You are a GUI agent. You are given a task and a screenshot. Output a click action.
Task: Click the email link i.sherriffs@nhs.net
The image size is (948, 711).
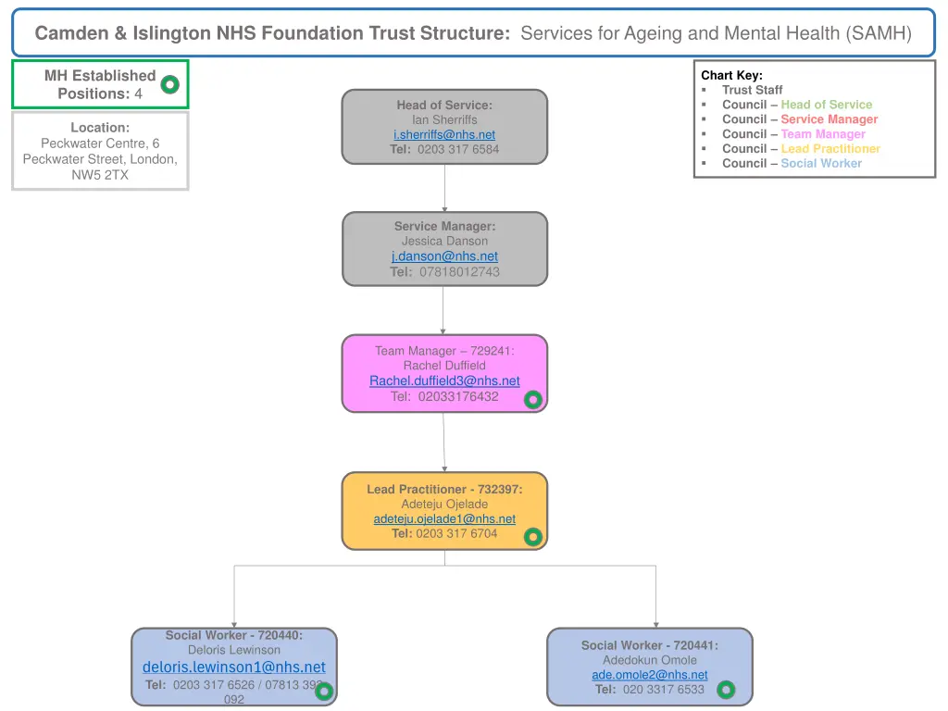point(444,134)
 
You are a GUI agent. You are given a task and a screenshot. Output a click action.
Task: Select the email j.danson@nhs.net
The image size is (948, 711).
point(444,256)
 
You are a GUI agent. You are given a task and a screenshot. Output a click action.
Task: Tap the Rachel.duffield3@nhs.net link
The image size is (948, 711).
point(444,380)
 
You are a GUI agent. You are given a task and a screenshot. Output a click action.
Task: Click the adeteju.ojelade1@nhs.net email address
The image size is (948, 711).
point(444,519)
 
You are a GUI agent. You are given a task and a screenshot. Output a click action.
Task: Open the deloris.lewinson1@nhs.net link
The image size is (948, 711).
point(234,667)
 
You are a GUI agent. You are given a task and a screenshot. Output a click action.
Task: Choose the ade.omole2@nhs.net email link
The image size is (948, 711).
point(650,675)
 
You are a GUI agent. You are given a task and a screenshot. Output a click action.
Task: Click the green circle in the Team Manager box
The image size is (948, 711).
point(533,400)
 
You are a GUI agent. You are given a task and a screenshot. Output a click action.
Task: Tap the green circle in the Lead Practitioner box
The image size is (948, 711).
point(533,536)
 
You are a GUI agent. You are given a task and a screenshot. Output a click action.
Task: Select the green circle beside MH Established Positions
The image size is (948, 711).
point(169,85)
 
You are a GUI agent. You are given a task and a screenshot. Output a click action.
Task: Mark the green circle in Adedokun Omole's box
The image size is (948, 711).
point(726,690)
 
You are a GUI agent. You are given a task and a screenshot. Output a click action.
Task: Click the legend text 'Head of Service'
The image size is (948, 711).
point(826,105)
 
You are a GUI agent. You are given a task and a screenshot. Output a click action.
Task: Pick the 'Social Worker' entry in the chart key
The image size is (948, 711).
point(820,163)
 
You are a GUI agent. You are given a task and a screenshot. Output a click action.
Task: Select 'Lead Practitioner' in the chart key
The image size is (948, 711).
point(829,148)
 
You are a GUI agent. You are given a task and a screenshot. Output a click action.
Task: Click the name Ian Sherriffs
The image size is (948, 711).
point(444,119)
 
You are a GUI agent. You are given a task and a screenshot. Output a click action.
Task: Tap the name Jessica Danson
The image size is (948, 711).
point(444,241)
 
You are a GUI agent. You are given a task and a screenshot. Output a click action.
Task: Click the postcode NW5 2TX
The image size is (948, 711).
point(100,174)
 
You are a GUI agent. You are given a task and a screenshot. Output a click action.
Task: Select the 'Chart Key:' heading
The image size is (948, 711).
point(731,75)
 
